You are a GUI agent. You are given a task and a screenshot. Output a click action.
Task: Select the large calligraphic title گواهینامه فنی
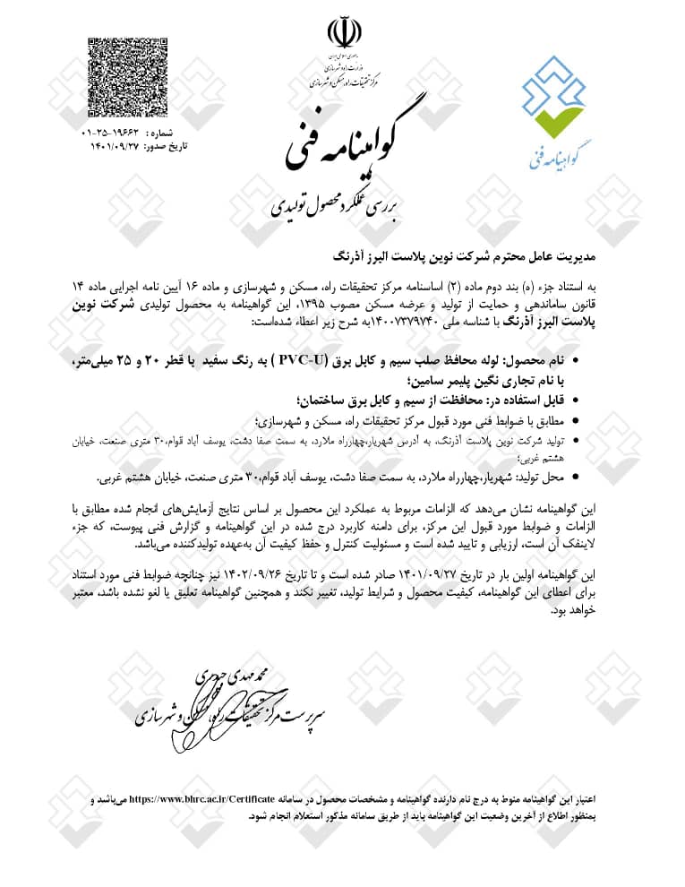[342, 143]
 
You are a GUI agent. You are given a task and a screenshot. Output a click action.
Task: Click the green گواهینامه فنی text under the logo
[557, 155]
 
